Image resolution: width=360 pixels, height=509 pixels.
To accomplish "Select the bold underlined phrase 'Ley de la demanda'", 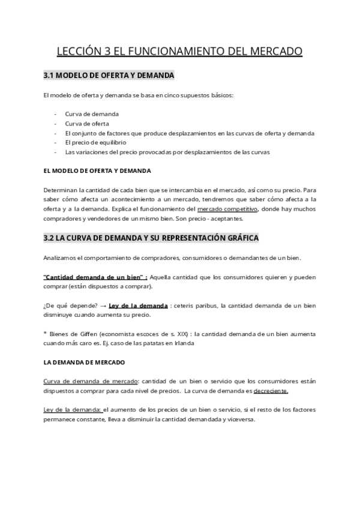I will point(138,306).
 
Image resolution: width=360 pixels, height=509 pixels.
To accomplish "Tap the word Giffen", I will point(85,334).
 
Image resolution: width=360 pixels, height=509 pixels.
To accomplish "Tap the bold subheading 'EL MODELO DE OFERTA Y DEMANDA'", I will point(97,171).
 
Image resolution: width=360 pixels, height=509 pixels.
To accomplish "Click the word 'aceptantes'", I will point(226,218).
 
